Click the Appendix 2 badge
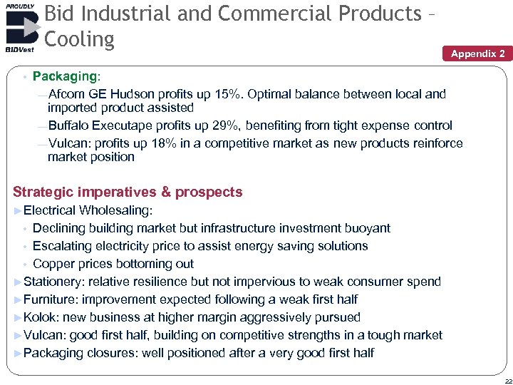[477, 53]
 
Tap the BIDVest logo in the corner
[22, 29]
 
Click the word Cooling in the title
[79, 39]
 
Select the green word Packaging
[64, 76]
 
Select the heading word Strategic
[45, 192]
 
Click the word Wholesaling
[115, 210]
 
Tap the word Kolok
[40, 317]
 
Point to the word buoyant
[366, 228]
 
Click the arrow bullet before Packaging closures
[18, 353]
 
